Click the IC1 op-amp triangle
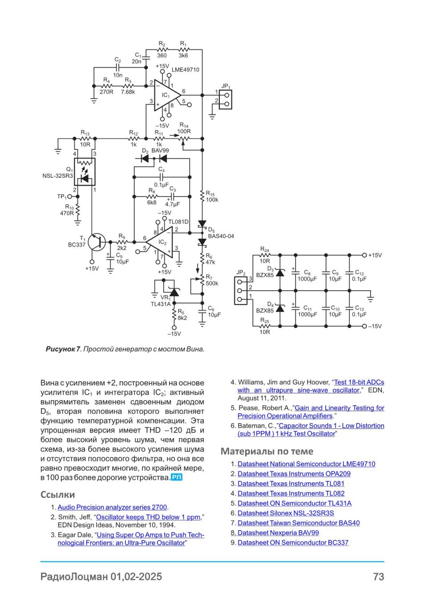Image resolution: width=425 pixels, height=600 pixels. click(x=167, y=95)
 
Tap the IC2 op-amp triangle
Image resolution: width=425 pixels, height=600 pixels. click(x=160, y=242)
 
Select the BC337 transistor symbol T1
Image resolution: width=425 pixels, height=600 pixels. click(x=97, y=242)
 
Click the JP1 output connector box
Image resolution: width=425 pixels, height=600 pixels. click(x=226, y=100)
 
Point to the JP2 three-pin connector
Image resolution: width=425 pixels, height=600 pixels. click(x=241, y=291)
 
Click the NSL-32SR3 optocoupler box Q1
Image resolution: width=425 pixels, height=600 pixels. click(x=85, y=172)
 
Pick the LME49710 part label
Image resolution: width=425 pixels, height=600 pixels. click(x=185, y=70)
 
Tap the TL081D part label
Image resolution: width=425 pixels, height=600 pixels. click(x=178, y=222)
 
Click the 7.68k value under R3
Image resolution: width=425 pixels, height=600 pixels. click(x=128, y=92)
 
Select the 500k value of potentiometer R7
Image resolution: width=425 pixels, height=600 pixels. click(x=212, y=284)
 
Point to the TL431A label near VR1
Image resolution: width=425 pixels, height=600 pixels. click(x=161, y=304)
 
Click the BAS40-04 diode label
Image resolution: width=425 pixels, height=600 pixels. click(x=221, y=236)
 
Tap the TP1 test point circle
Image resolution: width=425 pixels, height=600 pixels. click(x=70, y=196)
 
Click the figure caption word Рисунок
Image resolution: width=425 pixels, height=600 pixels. click(x=61, y=349)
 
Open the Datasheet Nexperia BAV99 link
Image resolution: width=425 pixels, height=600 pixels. click(x=278, y=532)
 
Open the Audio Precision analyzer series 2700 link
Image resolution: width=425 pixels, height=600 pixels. click(x=112, y=507)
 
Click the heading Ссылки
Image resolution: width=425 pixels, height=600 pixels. click(x=58, y=494)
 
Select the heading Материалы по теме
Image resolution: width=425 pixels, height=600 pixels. click(x=267, y=452)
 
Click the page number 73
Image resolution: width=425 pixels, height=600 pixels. click(x=379, y=576)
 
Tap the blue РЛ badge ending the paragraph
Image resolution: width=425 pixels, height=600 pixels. click(x=177, y=477)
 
